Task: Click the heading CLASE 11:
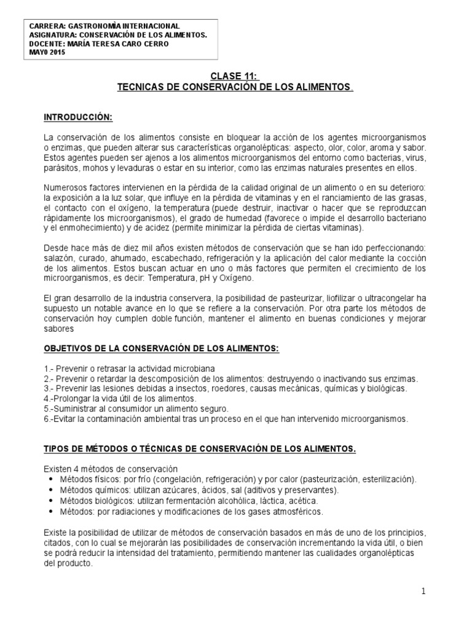(x=235, y=77)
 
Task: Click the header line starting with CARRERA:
(x=104, y=26)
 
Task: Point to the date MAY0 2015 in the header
(x=47, y=52)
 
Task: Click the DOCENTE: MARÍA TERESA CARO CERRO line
(x=99, y=44)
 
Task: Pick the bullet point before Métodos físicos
(x=49, y=479)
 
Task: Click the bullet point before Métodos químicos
(x=49, y=490)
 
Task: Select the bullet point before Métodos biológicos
(x=49, y=501)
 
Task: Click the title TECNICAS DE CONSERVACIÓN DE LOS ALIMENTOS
(x=235, y=88)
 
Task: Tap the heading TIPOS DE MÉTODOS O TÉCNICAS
(x=200, y=449)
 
